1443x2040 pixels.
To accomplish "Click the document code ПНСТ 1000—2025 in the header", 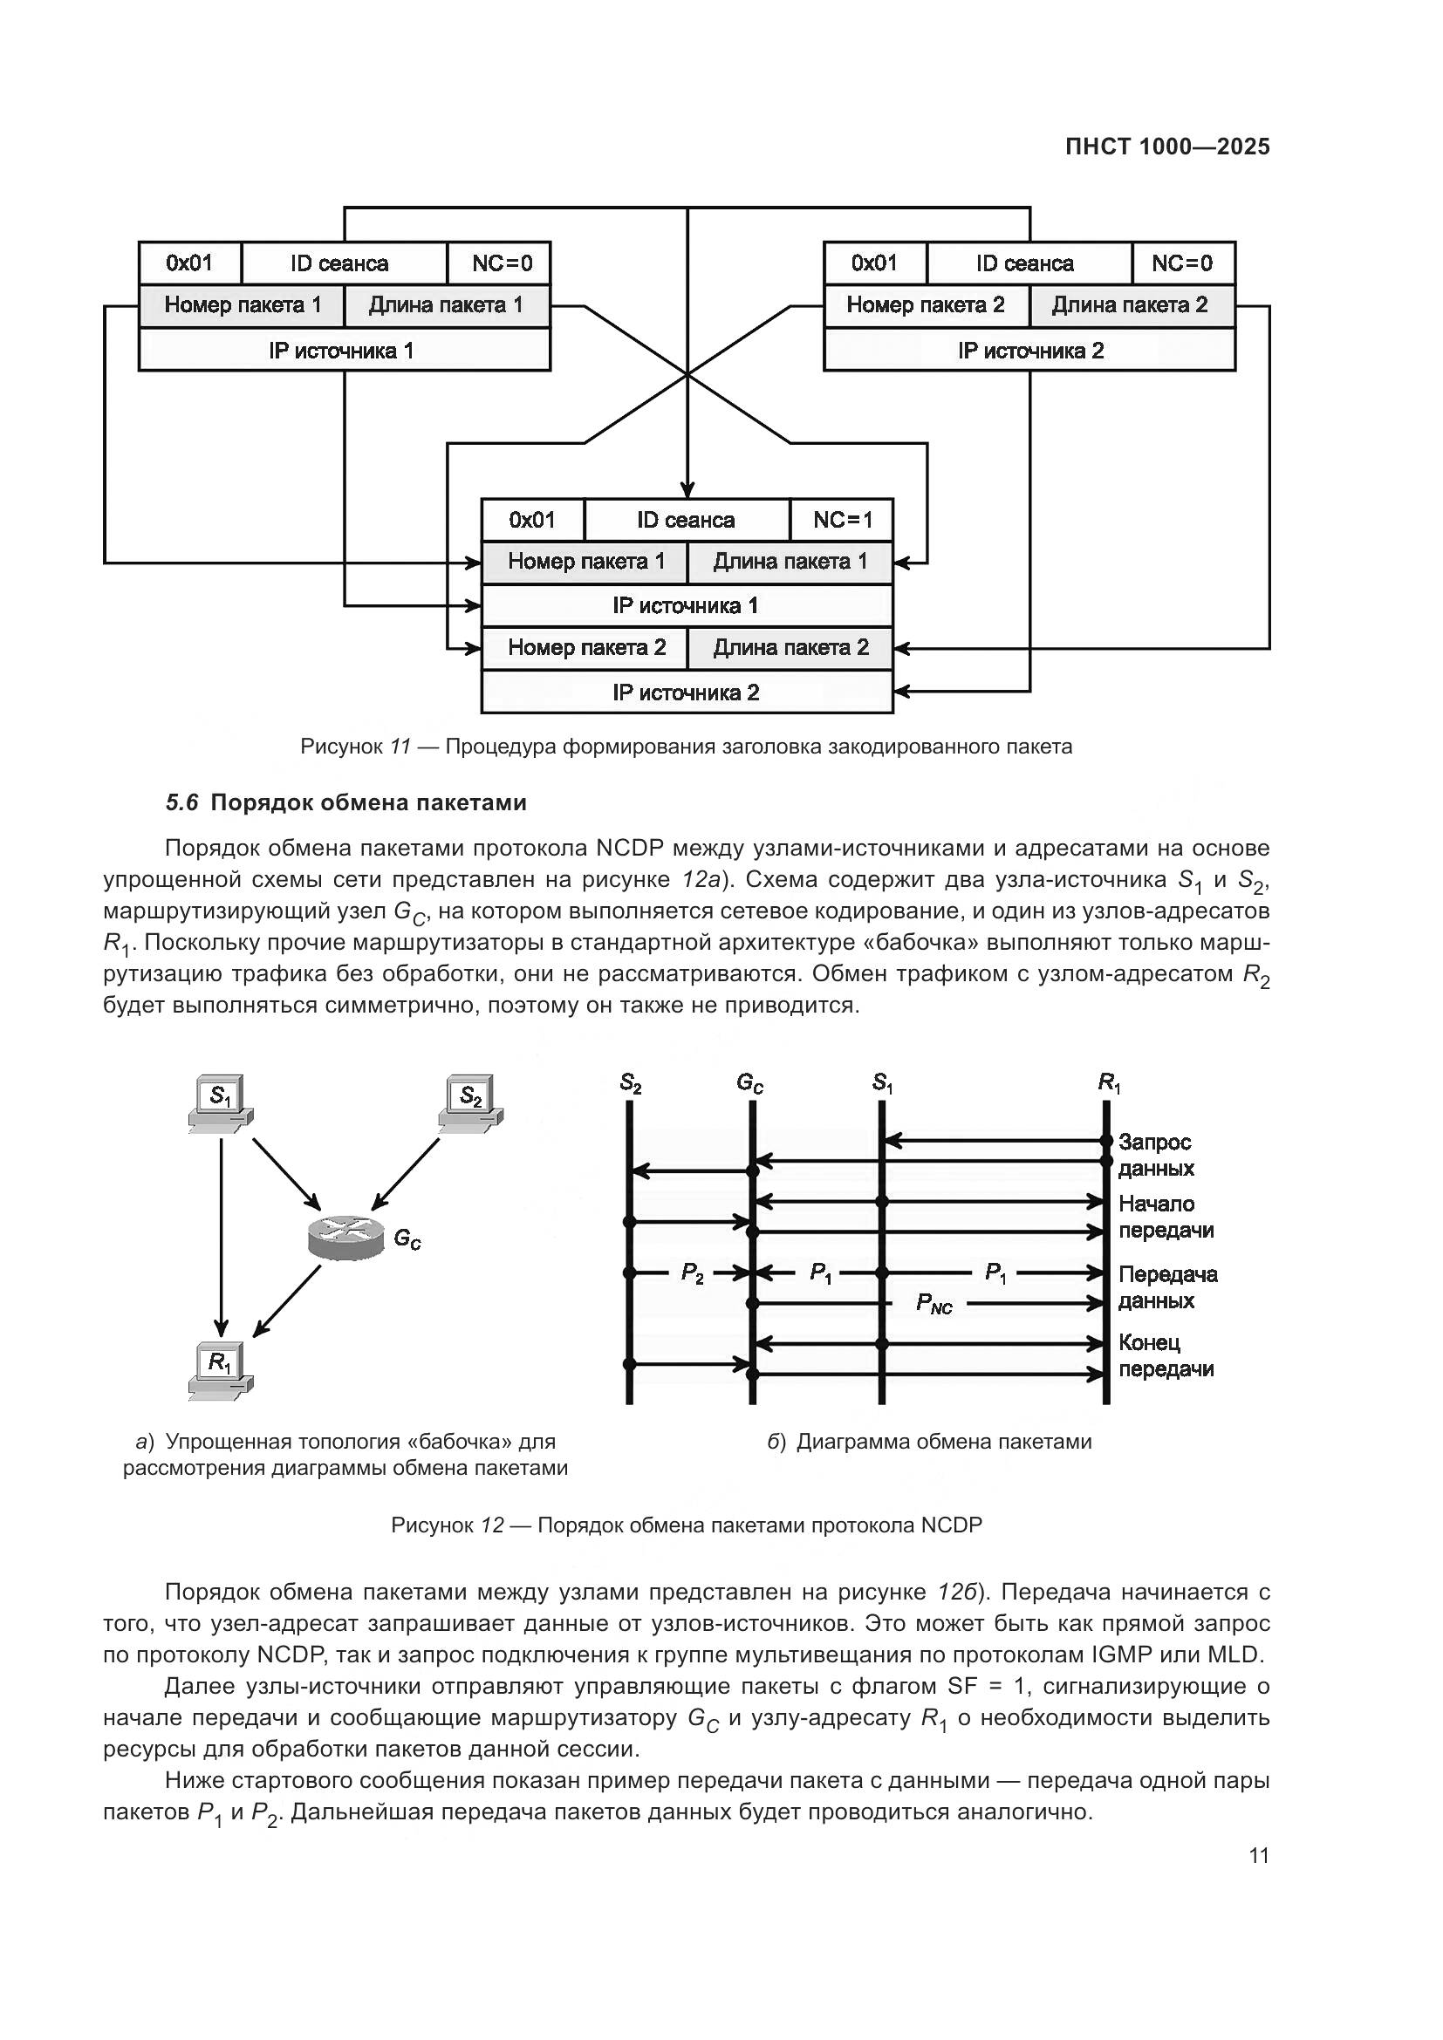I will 1166,147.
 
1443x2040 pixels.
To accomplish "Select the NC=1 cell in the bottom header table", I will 840,520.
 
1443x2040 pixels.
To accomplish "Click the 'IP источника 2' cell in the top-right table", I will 1029,350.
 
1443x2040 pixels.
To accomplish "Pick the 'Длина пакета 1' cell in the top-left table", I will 446,305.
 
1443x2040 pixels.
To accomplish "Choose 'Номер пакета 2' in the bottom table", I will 585,648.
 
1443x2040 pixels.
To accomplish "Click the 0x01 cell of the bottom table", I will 531,520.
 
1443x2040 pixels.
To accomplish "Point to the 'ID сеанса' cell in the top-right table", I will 1028,263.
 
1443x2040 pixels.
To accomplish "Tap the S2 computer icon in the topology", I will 471,1103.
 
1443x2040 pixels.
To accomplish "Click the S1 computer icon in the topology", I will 221,1103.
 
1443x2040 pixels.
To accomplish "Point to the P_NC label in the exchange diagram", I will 933,1304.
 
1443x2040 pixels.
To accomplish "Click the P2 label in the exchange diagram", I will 691,1273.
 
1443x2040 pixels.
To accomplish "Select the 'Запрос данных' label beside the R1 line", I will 1155,1155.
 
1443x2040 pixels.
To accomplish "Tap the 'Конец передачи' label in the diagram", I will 1165,1356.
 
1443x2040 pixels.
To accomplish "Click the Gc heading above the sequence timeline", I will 749,1083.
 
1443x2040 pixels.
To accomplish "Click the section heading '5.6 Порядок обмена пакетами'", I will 346,803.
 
